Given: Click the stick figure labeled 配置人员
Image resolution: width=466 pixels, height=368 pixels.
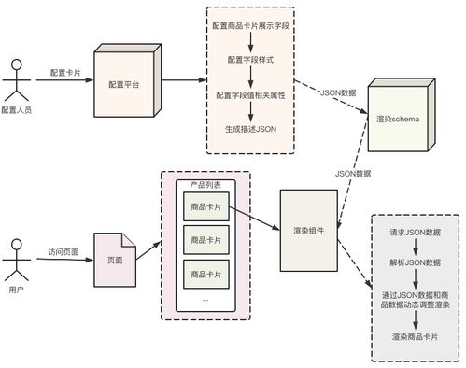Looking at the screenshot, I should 14,81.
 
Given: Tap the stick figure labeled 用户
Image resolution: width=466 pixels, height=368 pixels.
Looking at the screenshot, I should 14,262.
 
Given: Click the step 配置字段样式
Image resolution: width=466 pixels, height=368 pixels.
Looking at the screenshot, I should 249,59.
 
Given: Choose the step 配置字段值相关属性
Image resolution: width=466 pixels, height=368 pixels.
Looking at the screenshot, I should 249,94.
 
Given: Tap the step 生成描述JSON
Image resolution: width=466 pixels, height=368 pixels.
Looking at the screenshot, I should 249,129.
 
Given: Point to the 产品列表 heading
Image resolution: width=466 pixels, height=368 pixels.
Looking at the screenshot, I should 205,186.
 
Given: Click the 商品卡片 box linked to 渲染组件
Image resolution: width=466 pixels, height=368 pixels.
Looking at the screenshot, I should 205,206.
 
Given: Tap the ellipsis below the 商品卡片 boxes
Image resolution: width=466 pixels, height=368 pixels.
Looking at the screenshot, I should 205,300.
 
